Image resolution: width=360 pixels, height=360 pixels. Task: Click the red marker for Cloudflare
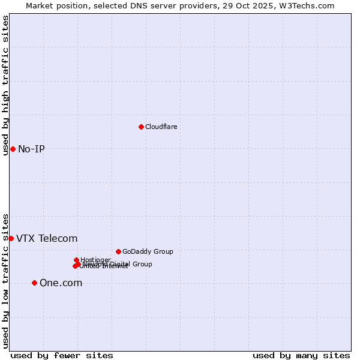[141, 127]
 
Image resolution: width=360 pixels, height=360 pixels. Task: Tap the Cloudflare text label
[161, 127]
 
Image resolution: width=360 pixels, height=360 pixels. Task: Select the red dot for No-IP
[13, 149]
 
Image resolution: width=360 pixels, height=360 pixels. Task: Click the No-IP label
[31, 149]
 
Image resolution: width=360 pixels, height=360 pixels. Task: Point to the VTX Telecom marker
[11, 238]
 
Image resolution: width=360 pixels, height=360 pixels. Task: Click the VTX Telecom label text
[47, 238]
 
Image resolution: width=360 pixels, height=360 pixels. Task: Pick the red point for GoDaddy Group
[118, 251]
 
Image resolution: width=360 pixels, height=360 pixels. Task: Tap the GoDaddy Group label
[148, 251]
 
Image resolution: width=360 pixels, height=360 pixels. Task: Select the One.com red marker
[34, 283]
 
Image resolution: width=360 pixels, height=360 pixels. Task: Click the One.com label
[61, 283]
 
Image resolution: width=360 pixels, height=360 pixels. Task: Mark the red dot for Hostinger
[76, 260]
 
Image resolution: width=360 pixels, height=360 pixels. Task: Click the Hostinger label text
[96, 259]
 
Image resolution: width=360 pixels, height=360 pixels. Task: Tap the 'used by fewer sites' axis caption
[62, 355]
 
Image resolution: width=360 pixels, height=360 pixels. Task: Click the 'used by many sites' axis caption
[301, 355]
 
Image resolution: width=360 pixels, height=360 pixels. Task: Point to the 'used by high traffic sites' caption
[5, 85]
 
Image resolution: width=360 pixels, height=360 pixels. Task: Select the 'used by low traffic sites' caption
[5, 280]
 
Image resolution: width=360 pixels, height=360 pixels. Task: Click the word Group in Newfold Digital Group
[142, 264]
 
